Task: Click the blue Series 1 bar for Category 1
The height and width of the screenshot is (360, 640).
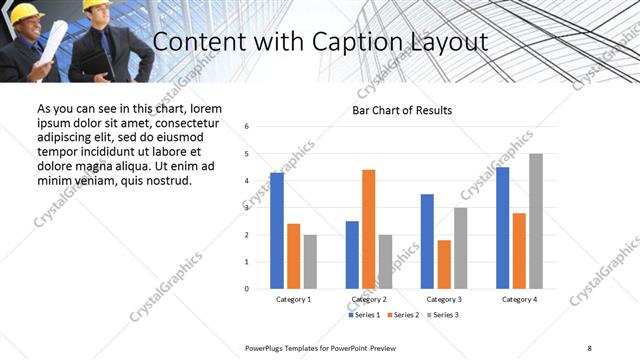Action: click(277, 231)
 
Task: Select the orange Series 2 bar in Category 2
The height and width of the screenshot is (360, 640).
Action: click(369, 229)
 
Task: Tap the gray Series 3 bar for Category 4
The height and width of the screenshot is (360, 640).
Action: click(536, 221)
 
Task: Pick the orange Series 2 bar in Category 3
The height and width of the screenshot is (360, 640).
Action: click(444, 264)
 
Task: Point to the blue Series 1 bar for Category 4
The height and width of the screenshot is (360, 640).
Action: click(502, 228)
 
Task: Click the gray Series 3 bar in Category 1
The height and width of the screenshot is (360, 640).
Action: click(310, 262)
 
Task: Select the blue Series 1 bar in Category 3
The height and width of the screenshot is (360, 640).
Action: click(427, 241)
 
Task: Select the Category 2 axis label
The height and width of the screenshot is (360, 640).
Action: click(369, 299)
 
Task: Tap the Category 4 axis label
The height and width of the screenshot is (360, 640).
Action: click(519, 299)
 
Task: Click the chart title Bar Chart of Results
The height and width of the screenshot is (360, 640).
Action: click(403, 110)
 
